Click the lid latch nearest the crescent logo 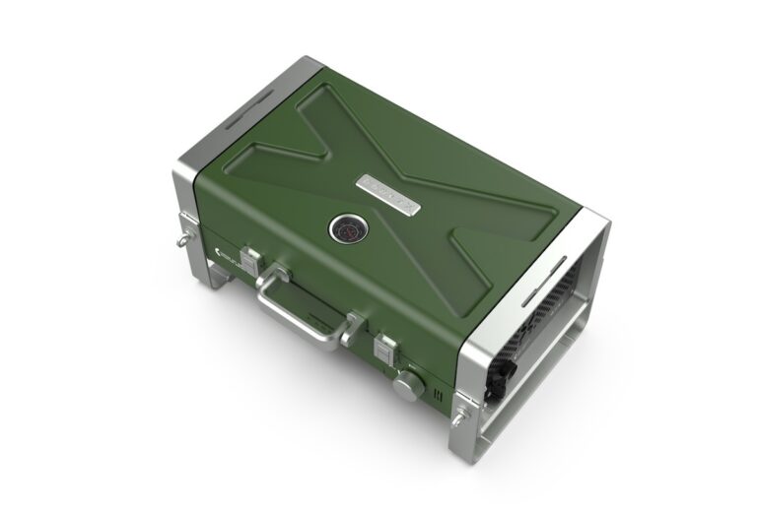click(x=252, y=262)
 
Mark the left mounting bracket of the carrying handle click(x=273, y=275)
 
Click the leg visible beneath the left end click(x=218, y=276)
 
